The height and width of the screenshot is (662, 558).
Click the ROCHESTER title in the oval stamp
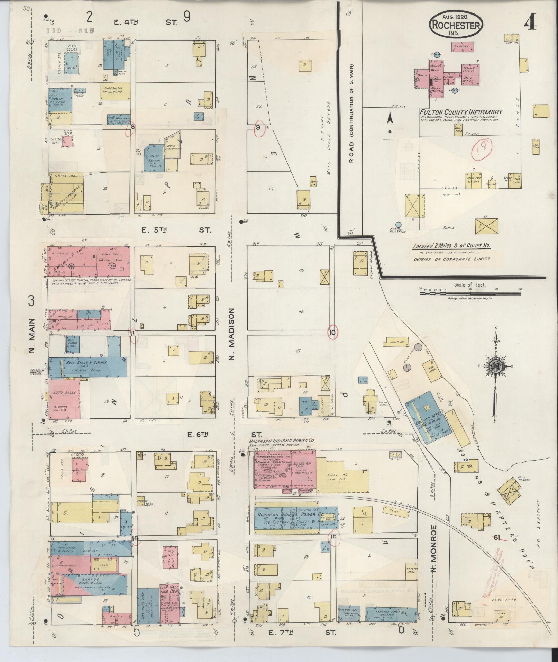(x=456, y=25)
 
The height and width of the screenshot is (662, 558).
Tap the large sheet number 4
(x=530, y=24)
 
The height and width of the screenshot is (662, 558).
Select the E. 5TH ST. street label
(x=176, y=230)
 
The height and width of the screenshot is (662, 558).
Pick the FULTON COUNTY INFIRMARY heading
(x=461, y=112)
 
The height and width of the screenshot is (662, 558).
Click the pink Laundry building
(x=461, y=46)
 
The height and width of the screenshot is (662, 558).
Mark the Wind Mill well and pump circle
(x=399, y=225)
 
